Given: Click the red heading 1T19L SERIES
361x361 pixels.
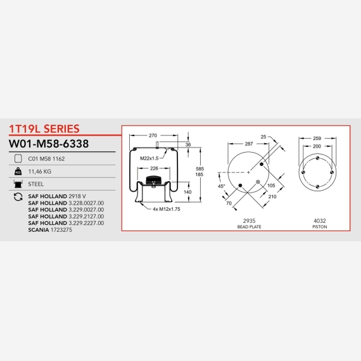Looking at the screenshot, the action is coord(44,129).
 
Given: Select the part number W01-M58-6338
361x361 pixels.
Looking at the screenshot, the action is coord(49,144).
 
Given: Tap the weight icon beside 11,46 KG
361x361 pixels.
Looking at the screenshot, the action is coord(18,171).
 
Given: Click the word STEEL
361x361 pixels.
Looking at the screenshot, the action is coord(36,184).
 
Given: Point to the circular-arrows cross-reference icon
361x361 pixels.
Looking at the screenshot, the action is coord(18,197).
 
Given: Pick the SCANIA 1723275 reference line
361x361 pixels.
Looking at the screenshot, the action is coord(50,230).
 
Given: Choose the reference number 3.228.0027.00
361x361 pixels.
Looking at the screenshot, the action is coord(86,203).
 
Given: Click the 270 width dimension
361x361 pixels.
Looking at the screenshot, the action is coord(153,136).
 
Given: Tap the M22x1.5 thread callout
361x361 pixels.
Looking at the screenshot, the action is coord(149,158).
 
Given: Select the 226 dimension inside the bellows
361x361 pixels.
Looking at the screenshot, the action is coord(154,168).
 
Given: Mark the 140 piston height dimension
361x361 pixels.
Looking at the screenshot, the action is coord(187,192).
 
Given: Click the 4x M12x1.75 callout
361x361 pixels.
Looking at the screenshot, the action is coord(167,209).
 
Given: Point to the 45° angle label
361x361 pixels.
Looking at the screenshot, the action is coord(221,186).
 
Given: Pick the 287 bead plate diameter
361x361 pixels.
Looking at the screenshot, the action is coord(249,144).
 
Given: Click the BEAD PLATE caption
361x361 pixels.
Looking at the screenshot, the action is coord(249,227).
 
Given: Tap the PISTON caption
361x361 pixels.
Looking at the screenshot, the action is coord(320,227).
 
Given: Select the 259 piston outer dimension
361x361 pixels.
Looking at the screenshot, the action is coord(317,138).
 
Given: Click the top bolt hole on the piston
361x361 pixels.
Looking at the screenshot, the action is coord(317,158).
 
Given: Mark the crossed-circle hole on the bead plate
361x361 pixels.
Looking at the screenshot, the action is coord(258,182).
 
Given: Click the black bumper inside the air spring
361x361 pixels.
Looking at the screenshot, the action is coord(153,180).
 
